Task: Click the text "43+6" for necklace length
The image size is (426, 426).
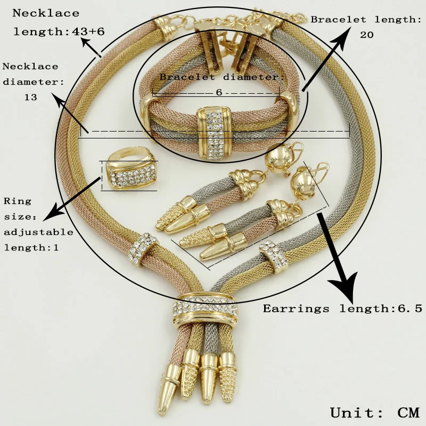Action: coord(88,31)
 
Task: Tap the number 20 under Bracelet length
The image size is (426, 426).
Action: coord(367,35)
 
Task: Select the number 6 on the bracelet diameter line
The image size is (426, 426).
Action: coord(219,92)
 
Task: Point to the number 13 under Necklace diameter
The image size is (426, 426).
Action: coord(30,97)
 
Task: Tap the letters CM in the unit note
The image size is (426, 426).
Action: coord(408,412)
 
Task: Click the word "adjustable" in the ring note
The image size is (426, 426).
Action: coord(38,232)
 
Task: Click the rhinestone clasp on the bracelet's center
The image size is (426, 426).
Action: coord(215,133)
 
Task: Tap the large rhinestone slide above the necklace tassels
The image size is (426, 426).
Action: coord(205,310)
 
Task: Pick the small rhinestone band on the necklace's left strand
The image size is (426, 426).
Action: coord(143,248)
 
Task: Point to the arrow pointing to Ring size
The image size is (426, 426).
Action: coord(71,199)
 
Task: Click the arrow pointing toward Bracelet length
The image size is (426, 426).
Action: coord(326,59)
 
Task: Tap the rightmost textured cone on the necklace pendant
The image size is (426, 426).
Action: coord(228,376)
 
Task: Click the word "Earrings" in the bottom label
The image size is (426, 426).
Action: coord(296,309)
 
